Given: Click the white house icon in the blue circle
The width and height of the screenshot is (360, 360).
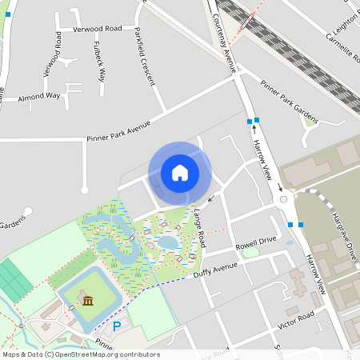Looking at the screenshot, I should (x=179, y=173).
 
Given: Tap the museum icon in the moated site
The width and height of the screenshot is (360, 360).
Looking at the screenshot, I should (x=86, y=301).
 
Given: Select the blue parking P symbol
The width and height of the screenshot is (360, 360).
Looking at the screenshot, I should (x=117, y=326).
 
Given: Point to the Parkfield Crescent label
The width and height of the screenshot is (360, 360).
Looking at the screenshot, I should (x=142, y=67).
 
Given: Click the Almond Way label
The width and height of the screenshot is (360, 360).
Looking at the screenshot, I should (x=40, y=95).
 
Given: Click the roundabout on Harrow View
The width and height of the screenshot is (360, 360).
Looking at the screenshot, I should (x=282, y=198).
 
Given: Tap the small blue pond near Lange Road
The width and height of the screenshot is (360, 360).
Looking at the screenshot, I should (x=169, y=242).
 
